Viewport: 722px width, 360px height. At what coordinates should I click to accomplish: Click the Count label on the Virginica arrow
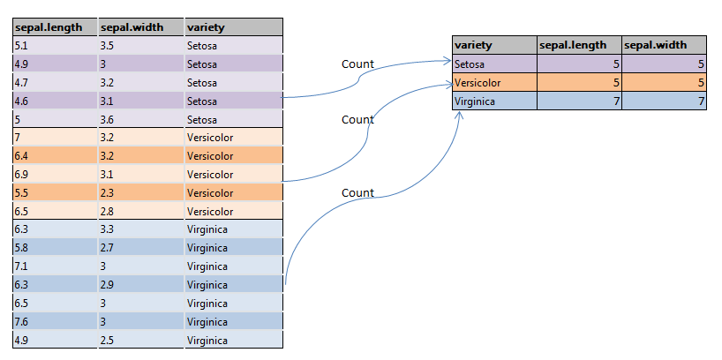(357, 192)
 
